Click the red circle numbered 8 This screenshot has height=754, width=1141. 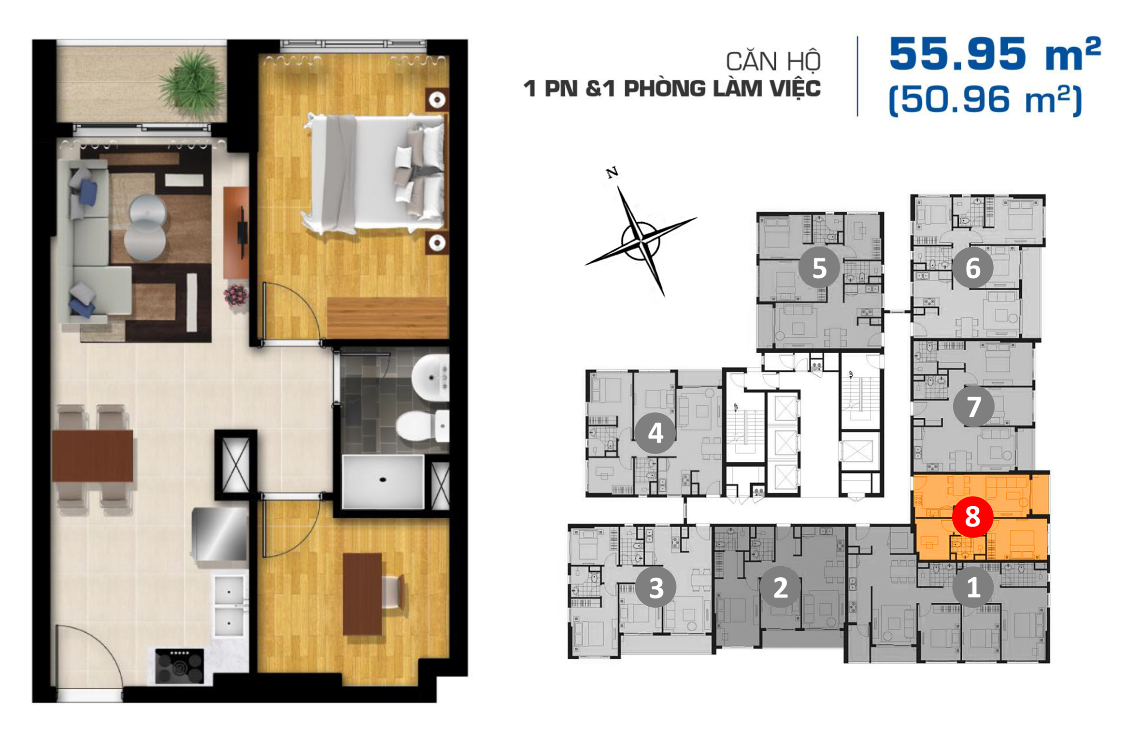pyautogui.click(x=972, y=517)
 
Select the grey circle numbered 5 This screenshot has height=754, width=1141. pyautogui.click(x=819, y=268)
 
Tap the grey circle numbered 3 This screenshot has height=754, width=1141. pyautogui.click(x=656, y=587)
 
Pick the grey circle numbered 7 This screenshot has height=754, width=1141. pyautogui.click(x=973, y=406)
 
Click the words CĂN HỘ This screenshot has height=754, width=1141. pyautogui.click(x=773, y=61)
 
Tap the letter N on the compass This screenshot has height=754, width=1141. pyautogui.click(x=612, y=172)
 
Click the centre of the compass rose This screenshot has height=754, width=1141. pyautogui.click(x=641, y=240)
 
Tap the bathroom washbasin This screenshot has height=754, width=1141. pyautogui.click(x=430, y=377)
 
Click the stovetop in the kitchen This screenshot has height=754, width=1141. pyautogui.click(x=179, y=667)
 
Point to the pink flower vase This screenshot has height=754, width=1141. pyautogui.click(x=236, y=294)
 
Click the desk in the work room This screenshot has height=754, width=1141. pyautogui.click(x=362, y=594)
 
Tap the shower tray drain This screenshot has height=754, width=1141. pyautogui.click(x=383, y=480)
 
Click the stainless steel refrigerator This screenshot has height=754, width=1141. pyautogui.click(x=220, y=534)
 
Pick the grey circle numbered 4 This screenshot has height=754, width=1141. pyautogui.click(x=655, y=433)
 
